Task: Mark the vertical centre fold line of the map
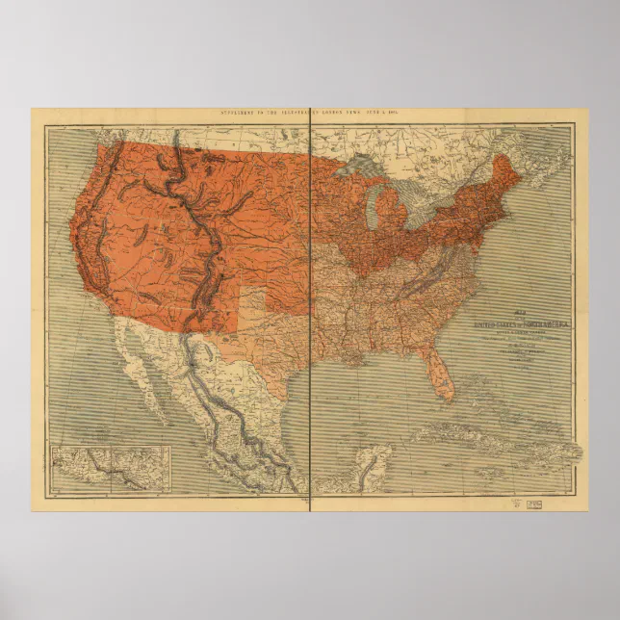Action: (x=312, y=308)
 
